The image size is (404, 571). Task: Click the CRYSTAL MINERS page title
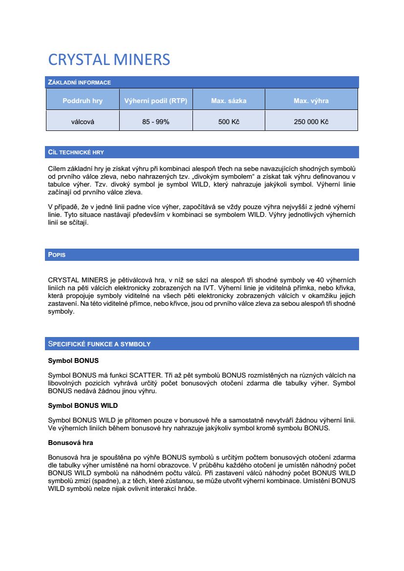(x=109, y=60)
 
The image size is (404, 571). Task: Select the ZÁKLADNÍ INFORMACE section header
(x=80, y=83)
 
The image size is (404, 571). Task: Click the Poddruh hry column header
(x=83, y=101)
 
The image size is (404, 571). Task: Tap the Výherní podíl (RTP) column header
(x=156, y=101)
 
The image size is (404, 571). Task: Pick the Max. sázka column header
(x=229, y=101)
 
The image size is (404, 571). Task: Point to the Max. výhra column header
(x=311, y=101)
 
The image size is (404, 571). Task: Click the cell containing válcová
(x=83, y=122)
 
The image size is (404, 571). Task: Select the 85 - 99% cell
(x=156, y=122)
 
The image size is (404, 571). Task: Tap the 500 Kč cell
(x=229, y=122)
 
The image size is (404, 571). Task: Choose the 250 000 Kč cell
(x=311, y=122)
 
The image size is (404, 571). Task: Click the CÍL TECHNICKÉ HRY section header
(x=76, y=152)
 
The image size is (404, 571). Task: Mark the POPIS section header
(x=57, y=255)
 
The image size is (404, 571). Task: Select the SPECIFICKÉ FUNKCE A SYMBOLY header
(x=99, y=344)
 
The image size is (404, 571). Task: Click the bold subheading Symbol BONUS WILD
(x=83, y=405)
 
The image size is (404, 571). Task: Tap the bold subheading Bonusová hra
(x=70, y=443)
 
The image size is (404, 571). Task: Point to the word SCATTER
(x=146, y=375)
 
